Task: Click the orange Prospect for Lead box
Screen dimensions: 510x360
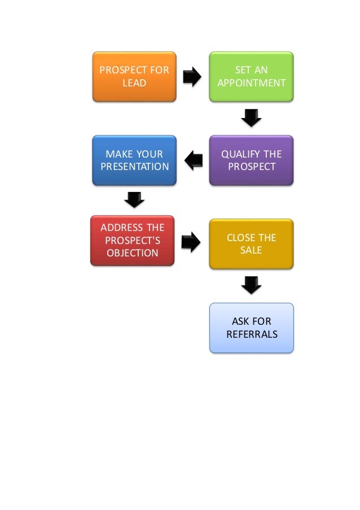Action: point(134,76)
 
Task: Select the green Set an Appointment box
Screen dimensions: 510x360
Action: point(251,76)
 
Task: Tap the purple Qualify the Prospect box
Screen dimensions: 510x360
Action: point(251,160)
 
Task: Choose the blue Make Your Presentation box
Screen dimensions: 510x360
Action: point(134,160)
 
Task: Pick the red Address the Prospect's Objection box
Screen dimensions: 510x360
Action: point(133,240)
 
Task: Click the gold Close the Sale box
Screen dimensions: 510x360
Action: point(251,244)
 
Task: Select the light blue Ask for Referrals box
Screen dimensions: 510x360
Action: point(251,328)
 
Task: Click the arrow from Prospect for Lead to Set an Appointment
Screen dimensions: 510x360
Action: point(192,77)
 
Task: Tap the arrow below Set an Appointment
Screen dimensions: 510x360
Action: point(251,118)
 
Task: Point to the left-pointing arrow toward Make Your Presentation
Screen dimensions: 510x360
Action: point(194,160)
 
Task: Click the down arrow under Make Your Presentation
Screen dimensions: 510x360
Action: point(134,199)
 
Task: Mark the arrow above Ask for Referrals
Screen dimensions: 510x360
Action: point(251,285)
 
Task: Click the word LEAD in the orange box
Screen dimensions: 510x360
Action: point(134,83)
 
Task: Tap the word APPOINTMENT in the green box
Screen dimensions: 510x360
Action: point(252,83)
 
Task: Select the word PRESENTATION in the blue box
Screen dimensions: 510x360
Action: point(134,167)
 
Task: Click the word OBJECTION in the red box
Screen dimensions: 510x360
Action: point(133,253)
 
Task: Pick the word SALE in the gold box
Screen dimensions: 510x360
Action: point(251,250)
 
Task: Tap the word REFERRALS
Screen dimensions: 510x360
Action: point(252,334)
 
